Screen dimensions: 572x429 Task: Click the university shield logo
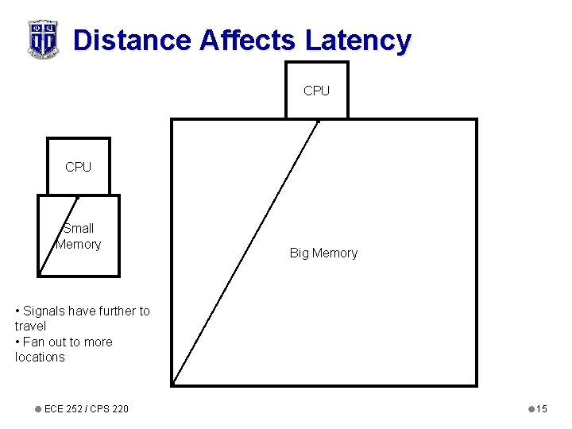tap(43, 39)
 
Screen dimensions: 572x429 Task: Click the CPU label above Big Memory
tap(316, 91)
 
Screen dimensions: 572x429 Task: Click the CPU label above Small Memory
tap(78, 167)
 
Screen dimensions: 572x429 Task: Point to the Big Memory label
tap(323, 253)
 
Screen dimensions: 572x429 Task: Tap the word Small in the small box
tap(79, 228)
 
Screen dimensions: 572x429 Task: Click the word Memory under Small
tap(78, 244)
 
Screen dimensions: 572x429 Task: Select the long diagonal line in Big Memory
tap(246, 251)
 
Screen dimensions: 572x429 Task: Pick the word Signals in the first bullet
tap(46, 311)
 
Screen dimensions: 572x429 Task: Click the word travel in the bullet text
tap(30, 326)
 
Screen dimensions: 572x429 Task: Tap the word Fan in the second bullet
tap(33, 342)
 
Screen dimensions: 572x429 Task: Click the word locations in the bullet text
tap(40, 357)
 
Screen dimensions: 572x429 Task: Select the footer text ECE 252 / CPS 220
tap(86, 408)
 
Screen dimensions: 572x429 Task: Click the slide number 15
tap(542, 408)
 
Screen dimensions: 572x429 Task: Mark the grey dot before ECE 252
tap(37, 408)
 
